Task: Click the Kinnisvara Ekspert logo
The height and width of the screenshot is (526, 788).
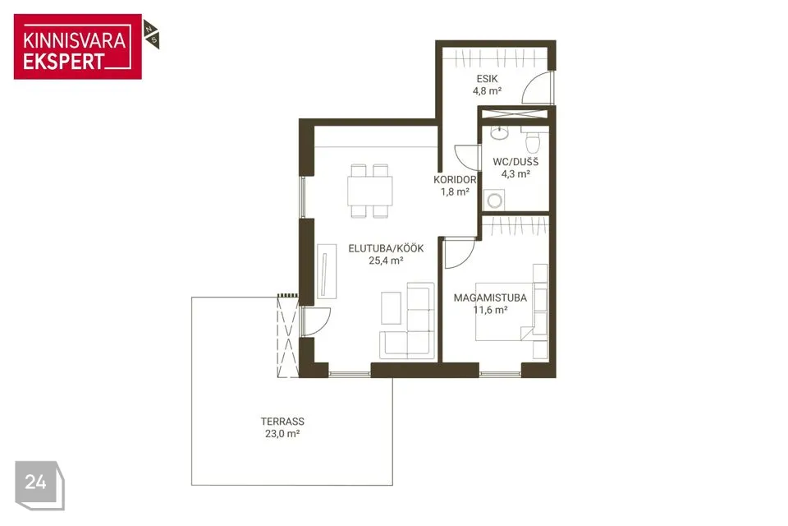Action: point(78,47)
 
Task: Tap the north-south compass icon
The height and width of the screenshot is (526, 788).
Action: point(151,35)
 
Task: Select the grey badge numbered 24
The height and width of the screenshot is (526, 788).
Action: point(39,485)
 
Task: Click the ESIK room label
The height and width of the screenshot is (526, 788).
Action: point(487,79)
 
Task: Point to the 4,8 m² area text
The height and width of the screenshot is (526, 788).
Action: point(487,91)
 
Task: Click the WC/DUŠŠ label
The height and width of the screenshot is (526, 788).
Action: point(515,162)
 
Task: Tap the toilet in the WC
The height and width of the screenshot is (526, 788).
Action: point(532,140)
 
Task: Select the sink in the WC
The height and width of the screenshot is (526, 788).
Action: point(500,133)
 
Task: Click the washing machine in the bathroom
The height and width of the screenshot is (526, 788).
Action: point(494,200)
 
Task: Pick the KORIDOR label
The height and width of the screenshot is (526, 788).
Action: point(455,179)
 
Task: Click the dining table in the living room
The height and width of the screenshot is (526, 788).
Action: point(370,191)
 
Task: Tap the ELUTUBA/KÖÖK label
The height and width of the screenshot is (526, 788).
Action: point(386,248)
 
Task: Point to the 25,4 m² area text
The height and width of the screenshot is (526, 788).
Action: point(386,261)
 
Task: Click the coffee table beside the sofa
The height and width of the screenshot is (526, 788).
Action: point(391,308)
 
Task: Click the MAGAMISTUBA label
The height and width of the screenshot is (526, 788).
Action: point(490,298)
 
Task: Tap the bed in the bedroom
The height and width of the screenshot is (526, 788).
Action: point(505,311)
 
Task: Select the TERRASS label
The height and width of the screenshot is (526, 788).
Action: point(282,422)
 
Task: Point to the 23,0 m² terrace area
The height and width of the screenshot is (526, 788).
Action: point(282,434)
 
